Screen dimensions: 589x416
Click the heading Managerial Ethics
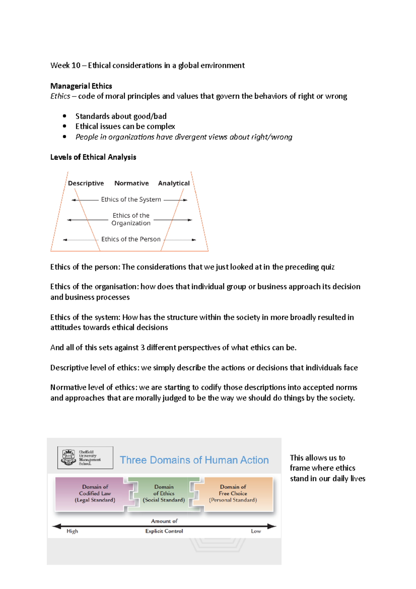81,86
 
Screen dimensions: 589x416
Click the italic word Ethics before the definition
60,96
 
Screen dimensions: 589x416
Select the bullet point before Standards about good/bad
64,116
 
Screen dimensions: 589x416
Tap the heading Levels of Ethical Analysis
93,157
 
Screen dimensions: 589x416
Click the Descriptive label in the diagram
86,183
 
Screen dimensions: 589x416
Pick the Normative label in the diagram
131,183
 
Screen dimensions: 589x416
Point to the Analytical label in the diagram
174,183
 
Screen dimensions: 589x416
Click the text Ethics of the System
131,199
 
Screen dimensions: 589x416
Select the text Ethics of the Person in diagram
131,239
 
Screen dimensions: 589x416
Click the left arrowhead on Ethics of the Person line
65,240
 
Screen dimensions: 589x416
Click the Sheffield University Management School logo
85,458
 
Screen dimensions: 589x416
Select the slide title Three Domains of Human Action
194,460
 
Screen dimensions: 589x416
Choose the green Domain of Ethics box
164,494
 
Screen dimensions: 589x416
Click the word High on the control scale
72,531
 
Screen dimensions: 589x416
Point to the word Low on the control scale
256,531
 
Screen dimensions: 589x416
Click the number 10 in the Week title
76,66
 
